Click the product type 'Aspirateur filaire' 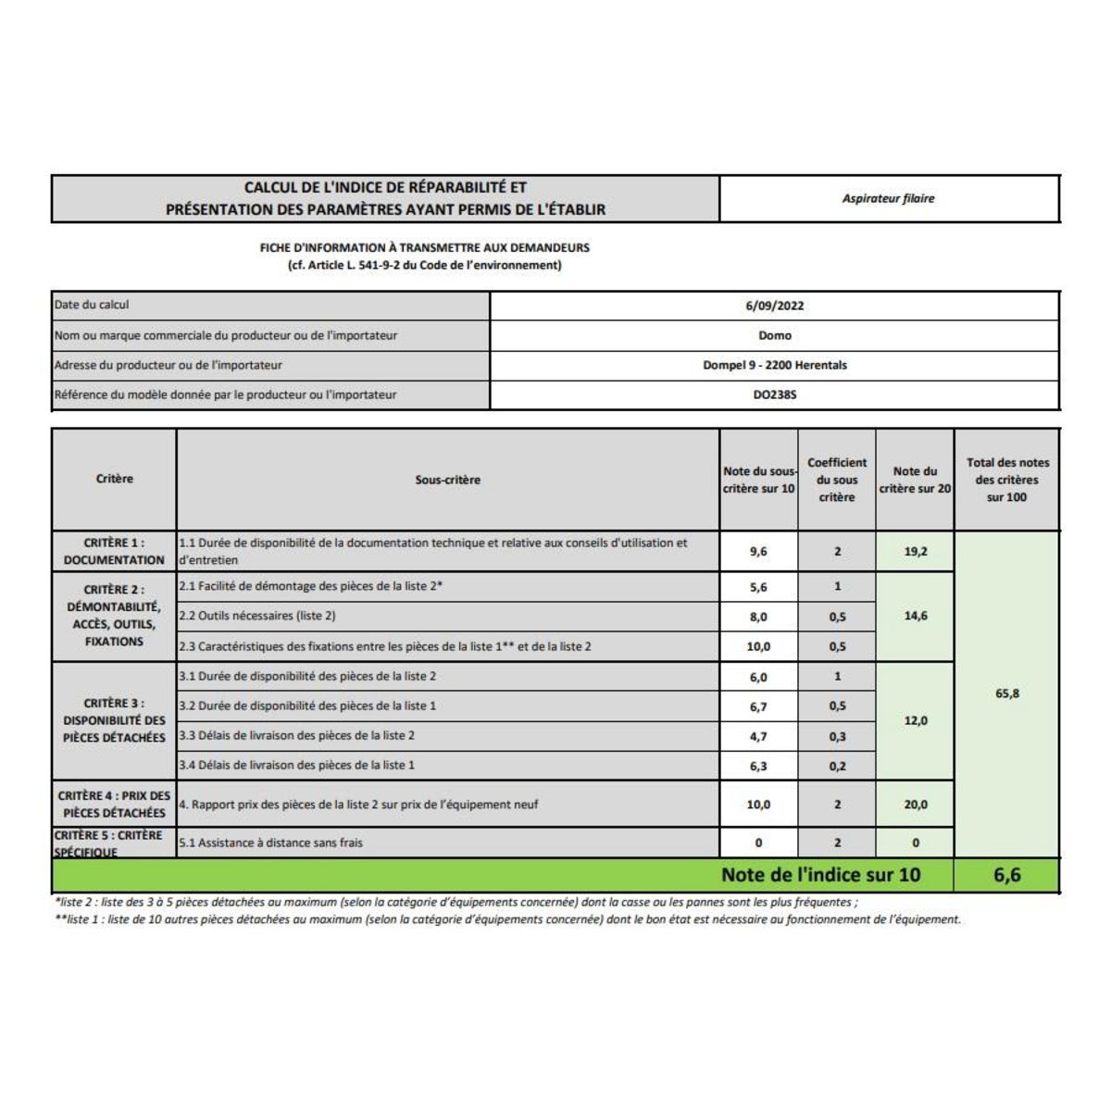point(888,198)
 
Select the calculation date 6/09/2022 point(774,306)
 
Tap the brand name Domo point(774,335)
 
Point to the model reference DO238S point(774,394)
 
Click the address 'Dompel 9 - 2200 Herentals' point(774,365)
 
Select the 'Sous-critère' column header point(447,480)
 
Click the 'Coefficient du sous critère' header point(837,480)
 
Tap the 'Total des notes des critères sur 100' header point(1007,480)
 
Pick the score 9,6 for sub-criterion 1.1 point(758,552)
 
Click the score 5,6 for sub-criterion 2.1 point(758,587)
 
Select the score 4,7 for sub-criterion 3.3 point(758,737)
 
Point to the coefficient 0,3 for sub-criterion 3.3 point(837,737)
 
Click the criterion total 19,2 point(915,552)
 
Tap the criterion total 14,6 point(915,616)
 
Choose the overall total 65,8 point(1007,693)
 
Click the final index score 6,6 point(1007,875)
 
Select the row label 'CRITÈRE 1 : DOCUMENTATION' point(114,551)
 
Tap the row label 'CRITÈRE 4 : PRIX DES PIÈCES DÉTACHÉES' point(114,804)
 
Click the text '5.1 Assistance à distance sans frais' point(271,843)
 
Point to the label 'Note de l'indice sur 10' point(820,875)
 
